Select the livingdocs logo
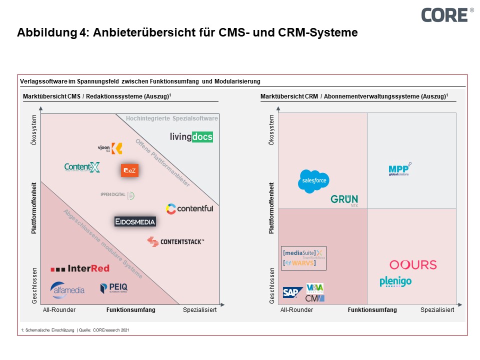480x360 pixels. pos(191,136)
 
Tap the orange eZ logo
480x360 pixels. pos(129,170)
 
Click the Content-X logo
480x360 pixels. pos(82,167)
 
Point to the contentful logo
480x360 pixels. pos(189,208)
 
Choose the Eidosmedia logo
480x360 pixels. pos(135,221)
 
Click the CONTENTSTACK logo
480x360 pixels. pos(175,242)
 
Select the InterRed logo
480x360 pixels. pos(80,268)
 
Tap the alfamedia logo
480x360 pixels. pos(67,290)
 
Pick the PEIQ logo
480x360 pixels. pos(114,288)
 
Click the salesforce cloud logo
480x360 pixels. pos(313,181)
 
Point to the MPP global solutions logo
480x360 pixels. pos(399,170)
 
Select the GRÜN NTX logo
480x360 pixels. pos(344,200)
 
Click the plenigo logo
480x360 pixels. pos(395,282)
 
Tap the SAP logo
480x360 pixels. pos(292,292)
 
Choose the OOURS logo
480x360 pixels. pos(413,264)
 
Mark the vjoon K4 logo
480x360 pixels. pos(110,148)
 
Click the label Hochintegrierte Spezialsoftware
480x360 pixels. pos(171,118)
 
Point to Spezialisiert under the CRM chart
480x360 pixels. pos(437,310)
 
